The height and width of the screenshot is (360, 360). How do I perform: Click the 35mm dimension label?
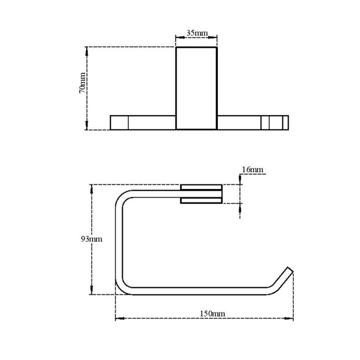coord(196,33)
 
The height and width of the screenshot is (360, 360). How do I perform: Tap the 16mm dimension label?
coord(252,169)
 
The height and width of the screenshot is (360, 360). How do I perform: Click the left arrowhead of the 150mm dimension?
coord(118,319)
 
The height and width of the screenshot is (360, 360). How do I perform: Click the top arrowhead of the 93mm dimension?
coord(93,187)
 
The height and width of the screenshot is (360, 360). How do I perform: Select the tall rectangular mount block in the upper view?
coord(197,88)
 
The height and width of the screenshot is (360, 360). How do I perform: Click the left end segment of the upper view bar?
coord(119,122)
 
